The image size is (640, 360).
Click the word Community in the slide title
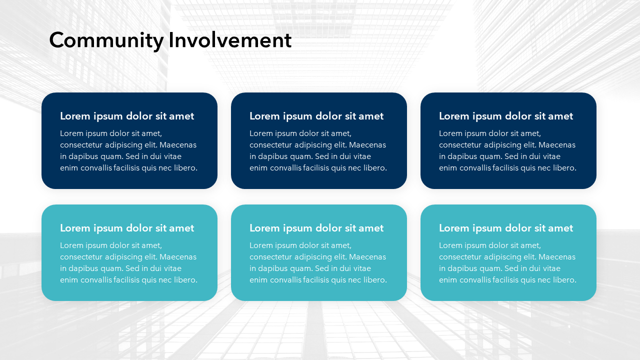[106, 40]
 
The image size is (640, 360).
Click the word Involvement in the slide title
[230, 40]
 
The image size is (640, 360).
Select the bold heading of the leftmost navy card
[127, 116]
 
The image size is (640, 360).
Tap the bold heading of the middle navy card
[316, 116]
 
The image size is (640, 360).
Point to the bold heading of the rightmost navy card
[505, 116]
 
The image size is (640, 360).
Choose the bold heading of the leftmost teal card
[127, 228]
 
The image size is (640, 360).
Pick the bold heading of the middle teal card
[316, 228]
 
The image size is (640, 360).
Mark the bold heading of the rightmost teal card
[505, 228]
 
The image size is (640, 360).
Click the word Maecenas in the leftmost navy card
[178, 145]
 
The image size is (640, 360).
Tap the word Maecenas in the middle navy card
[367, 145]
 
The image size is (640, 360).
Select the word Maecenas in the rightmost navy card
[557, 145]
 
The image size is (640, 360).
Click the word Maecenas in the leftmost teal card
[178, 257]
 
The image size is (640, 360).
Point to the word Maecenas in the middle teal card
[367, 257]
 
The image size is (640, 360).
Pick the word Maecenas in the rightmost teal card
[557, 257]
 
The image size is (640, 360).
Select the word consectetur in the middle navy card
[271, 145]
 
